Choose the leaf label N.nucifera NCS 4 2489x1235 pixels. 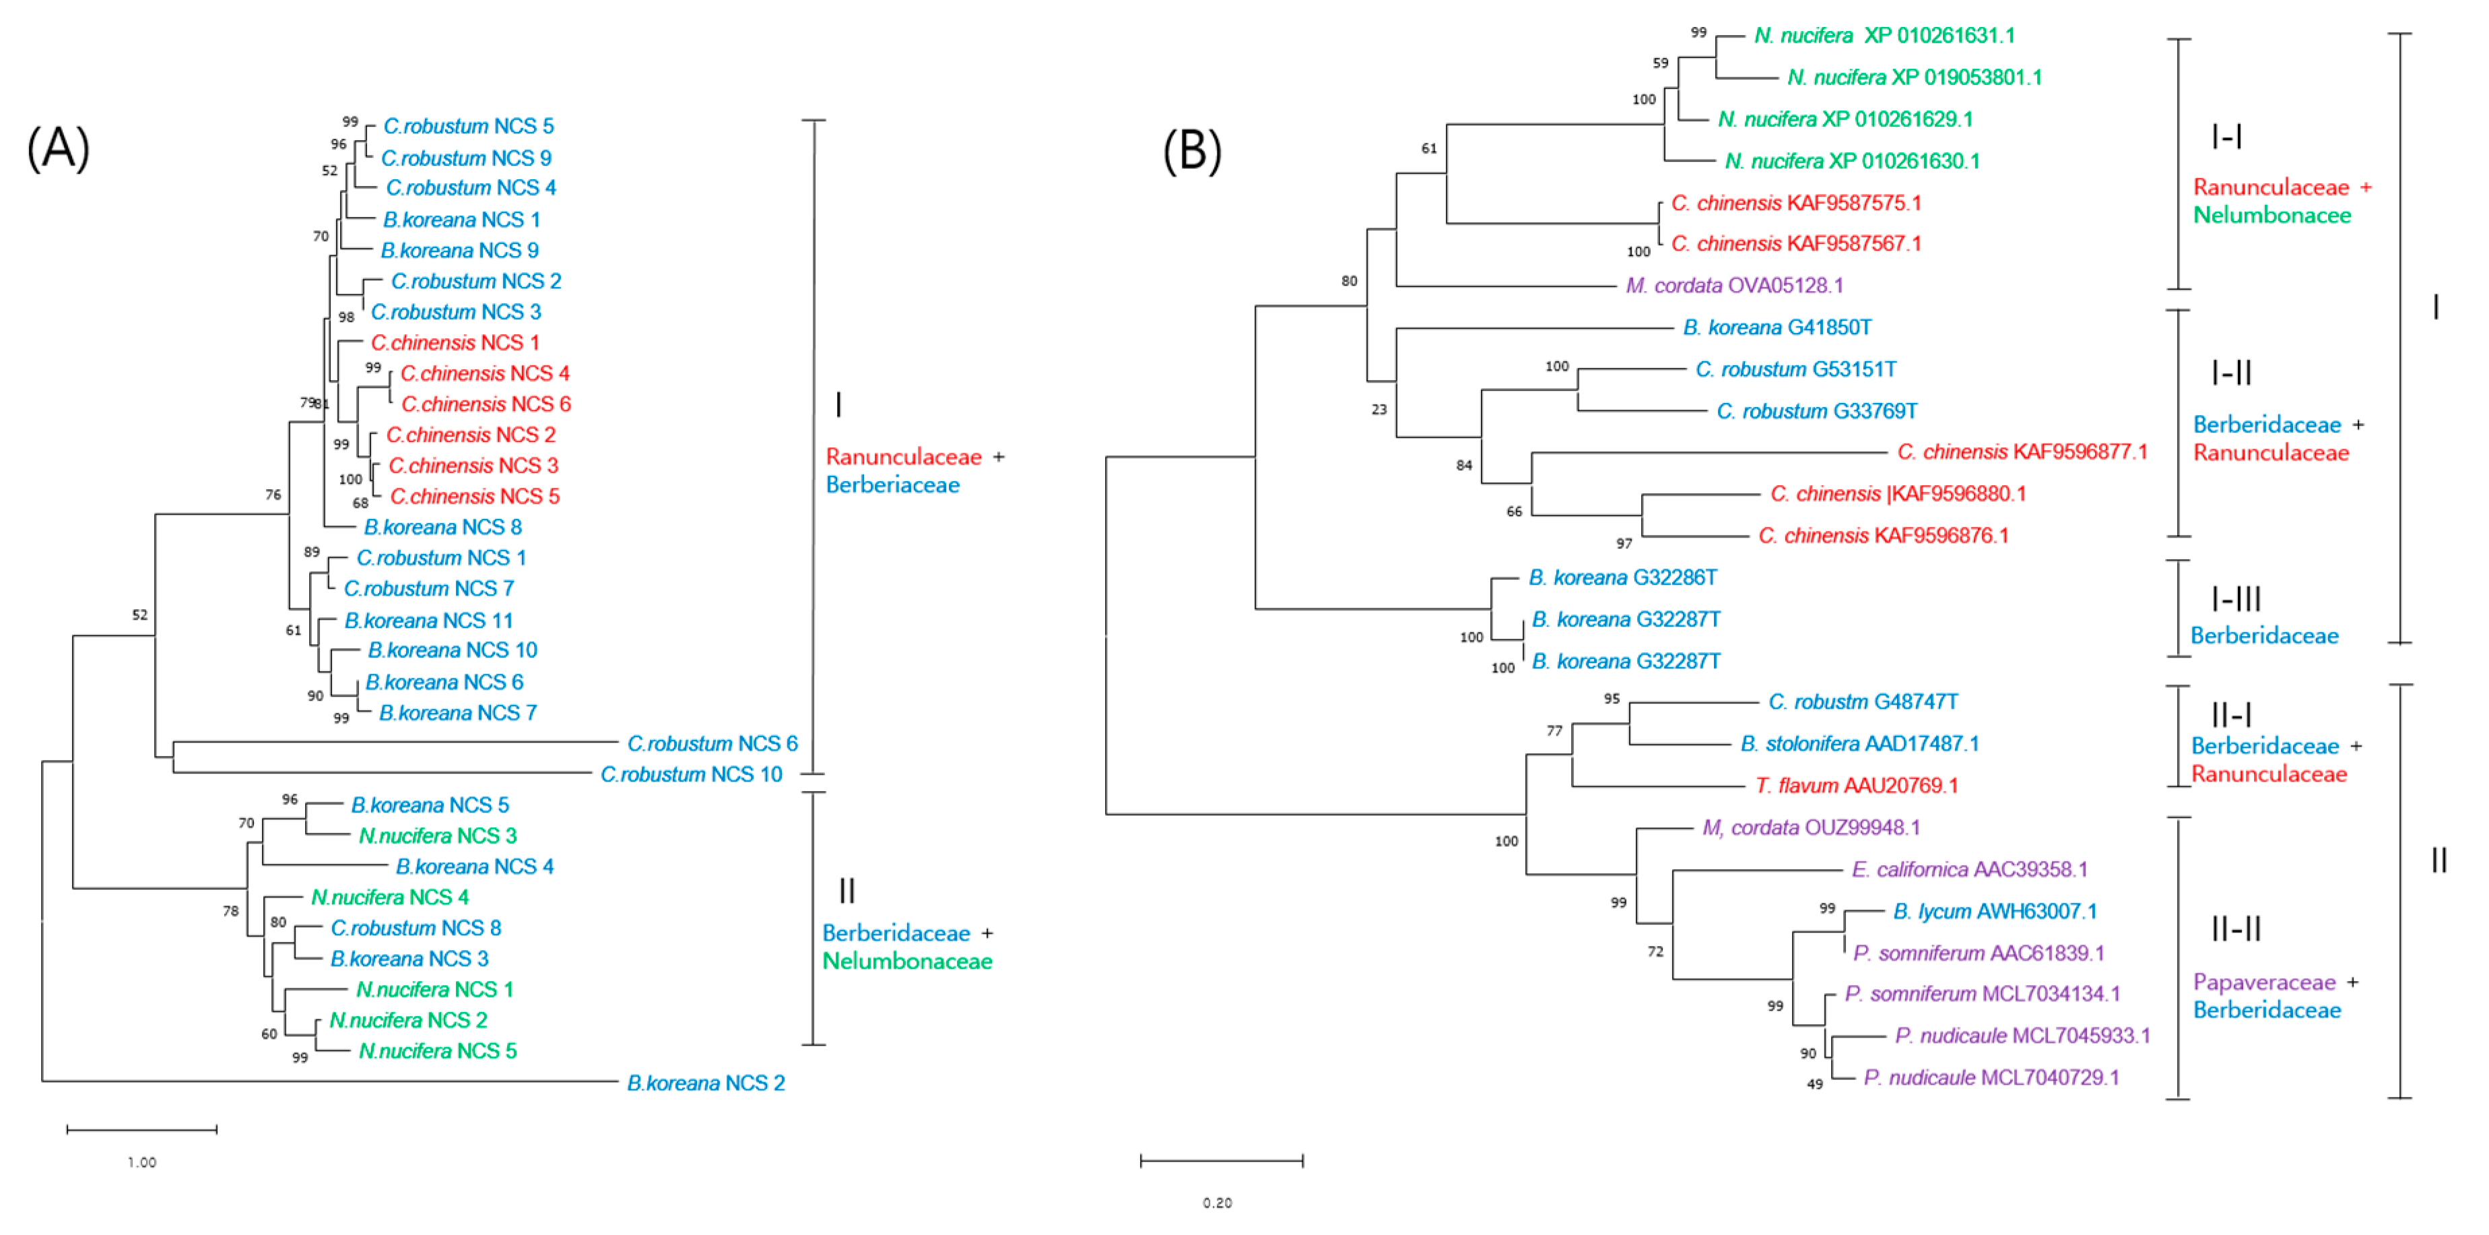pos(389,897)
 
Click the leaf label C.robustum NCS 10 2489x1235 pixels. pos(691,775)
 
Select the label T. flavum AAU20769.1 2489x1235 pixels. pos(1856,786)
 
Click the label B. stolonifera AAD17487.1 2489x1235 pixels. pos(1859,744)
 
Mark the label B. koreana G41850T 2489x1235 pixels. pos(1776,327)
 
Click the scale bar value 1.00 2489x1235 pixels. pos(142,1162)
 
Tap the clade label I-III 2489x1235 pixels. pos(2236,599)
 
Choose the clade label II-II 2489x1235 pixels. pos(2236,928)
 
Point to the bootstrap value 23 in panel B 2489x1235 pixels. pos(1379,410)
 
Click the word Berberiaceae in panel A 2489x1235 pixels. pos(892,485)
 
